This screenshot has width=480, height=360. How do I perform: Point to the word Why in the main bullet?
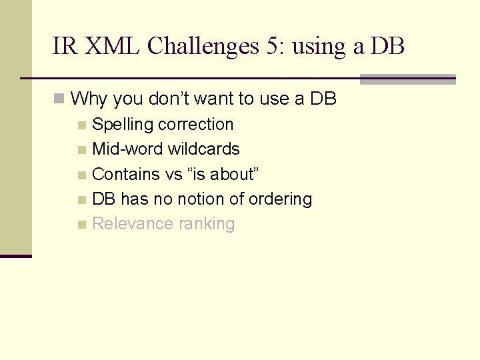(x=89, y=99)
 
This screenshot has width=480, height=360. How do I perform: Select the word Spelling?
(x=117, y=125)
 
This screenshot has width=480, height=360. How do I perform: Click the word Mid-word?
(x=127, y=149)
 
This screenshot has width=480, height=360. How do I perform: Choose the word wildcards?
(x=203, y=149)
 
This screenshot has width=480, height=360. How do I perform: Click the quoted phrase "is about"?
(x=224, y=174)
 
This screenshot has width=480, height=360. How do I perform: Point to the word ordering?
(x=280, y=199)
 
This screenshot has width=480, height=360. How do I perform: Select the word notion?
(x=201, y=199)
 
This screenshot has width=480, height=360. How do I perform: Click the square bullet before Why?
(x=60, y=99)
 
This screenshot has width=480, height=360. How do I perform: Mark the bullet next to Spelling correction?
(x=81, y=125)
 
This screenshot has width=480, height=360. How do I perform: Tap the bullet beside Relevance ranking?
(x=81, y=224)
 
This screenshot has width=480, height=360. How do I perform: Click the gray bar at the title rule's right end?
(x=407, y=79)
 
